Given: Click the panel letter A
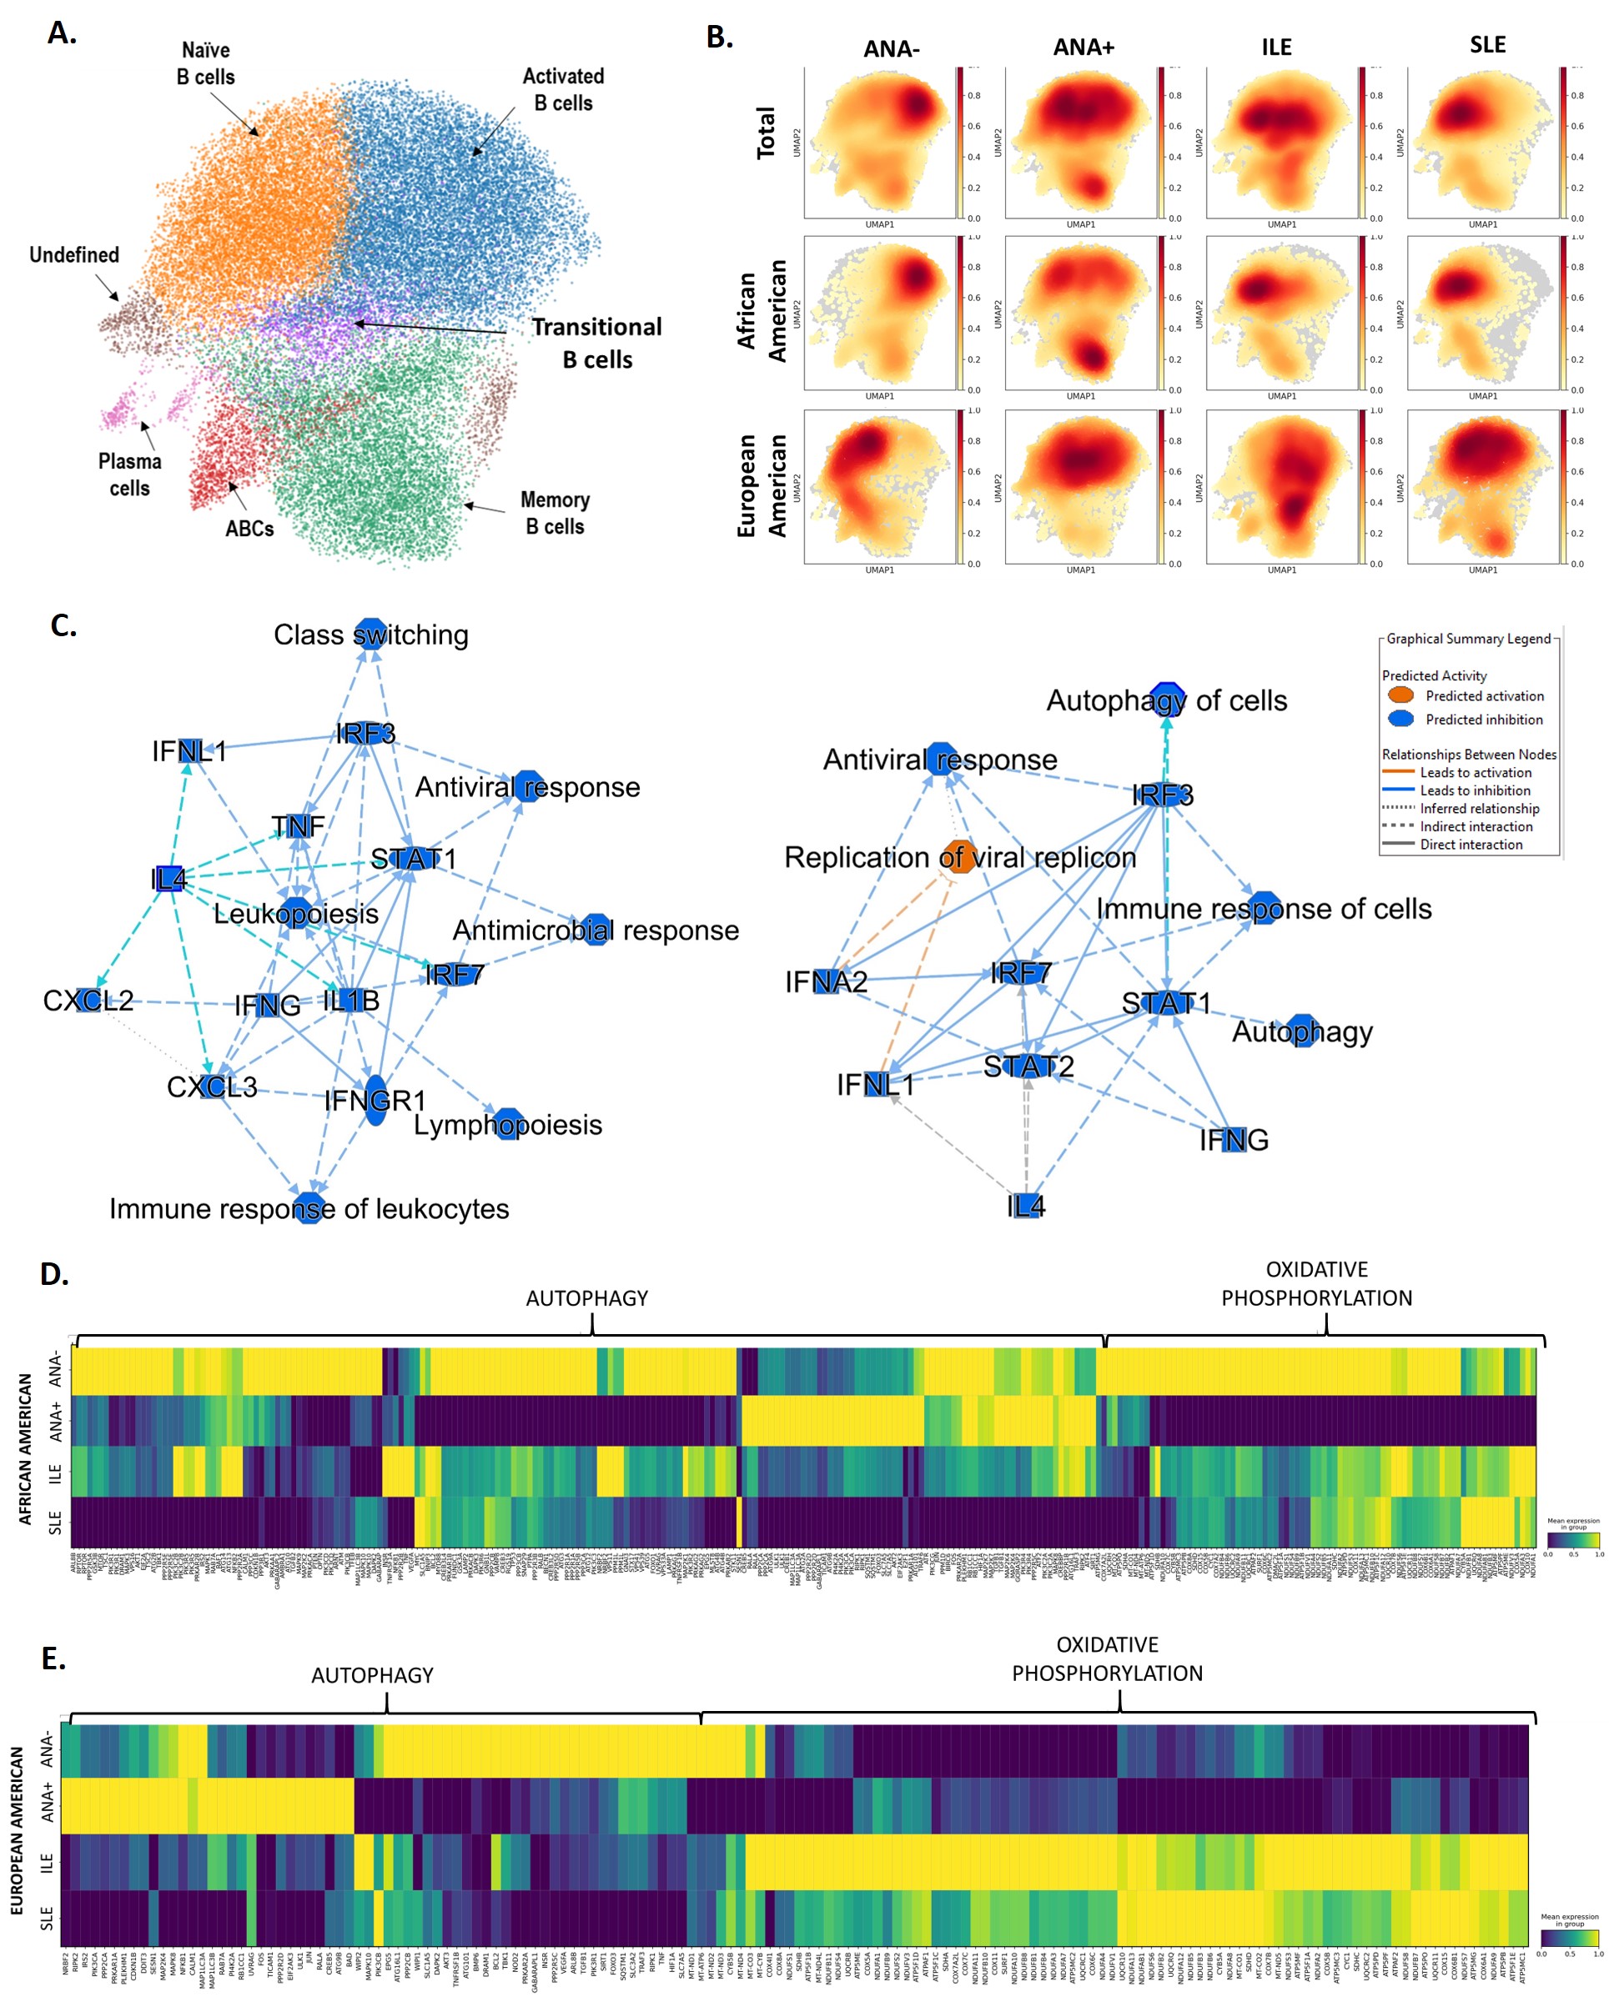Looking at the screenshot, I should coord(61,33).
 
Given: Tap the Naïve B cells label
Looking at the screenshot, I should coord(206,63).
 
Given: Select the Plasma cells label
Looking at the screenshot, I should coord(130,474).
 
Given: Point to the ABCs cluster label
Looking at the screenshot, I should coord(249,528).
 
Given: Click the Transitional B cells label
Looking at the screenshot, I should coord(597,343).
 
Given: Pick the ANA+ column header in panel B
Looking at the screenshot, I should coord(1083,47).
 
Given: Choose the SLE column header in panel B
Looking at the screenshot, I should coord(1486,44).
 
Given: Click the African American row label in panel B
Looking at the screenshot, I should coord(762,310).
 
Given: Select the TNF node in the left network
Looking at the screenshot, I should coord(299,825).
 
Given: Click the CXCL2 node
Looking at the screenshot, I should coord(89,1001).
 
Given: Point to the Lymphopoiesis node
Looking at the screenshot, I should coord(508,1124).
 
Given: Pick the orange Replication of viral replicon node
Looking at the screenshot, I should coord(959,857).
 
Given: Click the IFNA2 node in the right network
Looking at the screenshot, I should coord(826,981).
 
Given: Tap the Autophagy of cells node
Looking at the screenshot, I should coord(1166,700).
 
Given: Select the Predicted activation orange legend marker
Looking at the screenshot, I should coord(1400,695).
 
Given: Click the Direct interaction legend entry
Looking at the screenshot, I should coord(1471,844).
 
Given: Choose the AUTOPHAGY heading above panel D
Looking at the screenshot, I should coord(586,1298).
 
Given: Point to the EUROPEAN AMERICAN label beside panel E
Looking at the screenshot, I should coord(17,1830).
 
